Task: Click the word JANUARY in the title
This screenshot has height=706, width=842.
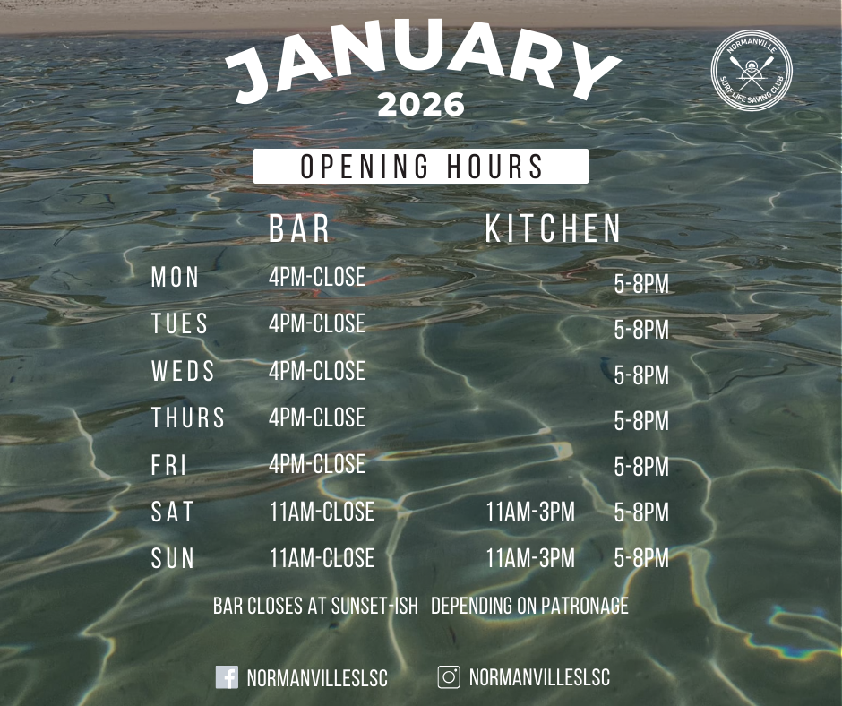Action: coord(422,61)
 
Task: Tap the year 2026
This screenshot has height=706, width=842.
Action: coord(421,104)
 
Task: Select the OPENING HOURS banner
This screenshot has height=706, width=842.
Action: coord(421,166)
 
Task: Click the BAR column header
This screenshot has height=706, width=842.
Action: coord(299,228)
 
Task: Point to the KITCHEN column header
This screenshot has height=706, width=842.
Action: coord(553,228)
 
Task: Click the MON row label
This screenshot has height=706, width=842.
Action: coord(175,277)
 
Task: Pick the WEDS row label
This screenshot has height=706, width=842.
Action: coord(183,371)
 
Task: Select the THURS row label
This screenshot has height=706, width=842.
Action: coord(188,418)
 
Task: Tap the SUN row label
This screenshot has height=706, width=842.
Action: coord(173,558)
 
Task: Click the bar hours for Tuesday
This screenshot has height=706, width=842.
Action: coord(317,323)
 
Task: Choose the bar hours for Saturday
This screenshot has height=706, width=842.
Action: coord(322,511)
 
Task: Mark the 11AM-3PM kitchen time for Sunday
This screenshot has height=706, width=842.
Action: coord(530,557)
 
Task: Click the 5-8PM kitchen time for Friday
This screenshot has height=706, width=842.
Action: coord(641,467)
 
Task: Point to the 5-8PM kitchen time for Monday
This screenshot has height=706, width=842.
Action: coord(641,284)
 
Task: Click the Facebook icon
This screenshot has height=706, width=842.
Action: coord(227,677)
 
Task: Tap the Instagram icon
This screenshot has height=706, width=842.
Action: coord(449,677)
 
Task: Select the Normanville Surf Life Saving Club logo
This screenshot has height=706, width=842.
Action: coord(752,70)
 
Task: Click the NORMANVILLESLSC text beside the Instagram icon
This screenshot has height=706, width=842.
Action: coord(539,677)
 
